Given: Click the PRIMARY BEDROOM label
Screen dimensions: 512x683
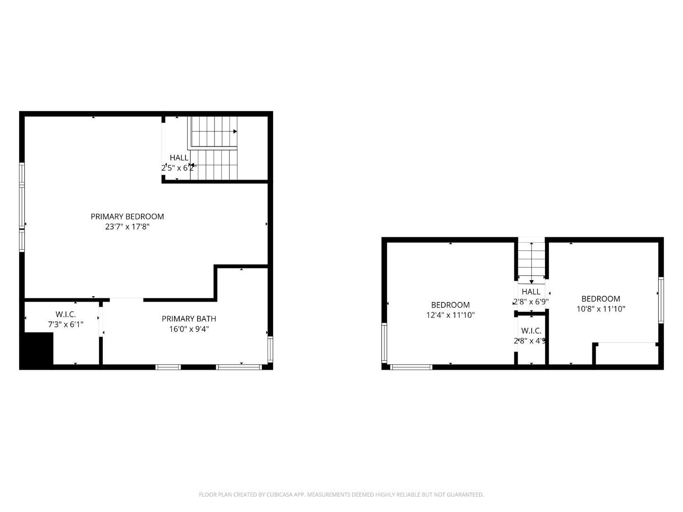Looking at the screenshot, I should tap(127, 217).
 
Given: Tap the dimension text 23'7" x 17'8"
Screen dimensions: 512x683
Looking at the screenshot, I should tap(127, 227).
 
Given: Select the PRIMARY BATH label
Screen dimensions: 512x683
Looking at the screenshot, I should tap(189, 319).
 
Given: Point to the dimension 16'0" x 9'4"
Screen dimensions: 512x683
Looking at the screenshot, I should tap(189, 329).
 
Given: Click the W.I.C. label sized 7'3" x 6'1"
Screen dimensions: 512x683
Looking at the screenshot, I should tap(65, 314).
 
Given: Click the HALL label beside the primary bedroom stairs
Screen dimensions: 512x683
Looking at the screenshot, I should tap(179, 157).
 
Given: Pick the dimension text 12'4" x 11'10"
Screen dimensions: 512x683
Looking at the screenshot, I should tap(450, 315).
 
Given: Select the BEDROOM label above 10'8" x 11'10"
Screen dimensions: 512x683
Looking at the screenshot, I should tap(600, 299).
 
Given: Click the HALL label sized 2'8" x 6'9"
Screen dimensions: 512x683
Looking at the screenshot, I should tap(531, 292).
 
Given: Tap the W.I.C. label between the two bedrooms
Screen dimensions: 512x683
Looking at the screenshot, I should tap(531, 331).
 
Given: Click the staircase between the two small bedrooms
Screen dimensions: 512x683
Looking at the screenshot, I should tap(531, 261).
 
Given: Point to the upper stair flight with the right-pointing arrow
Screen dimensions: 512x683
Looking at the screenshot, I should tap(213, 132).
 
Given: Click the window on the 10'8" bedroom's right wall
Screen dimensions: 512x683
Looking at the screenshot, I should tap(661, 301).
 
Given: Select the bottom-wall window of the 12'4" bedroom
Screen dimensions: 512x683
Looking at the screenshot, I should tap(411, 366).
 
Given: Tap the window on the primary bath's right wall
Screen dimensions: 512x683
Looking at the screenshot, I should tap(270, 349).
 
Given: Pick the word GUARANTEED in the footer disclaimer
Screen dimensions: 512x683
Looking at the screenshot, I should tap(465, 495).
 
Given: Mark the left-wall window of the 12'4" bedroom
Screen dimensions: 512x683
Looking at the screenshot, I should tap(384, 343).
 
